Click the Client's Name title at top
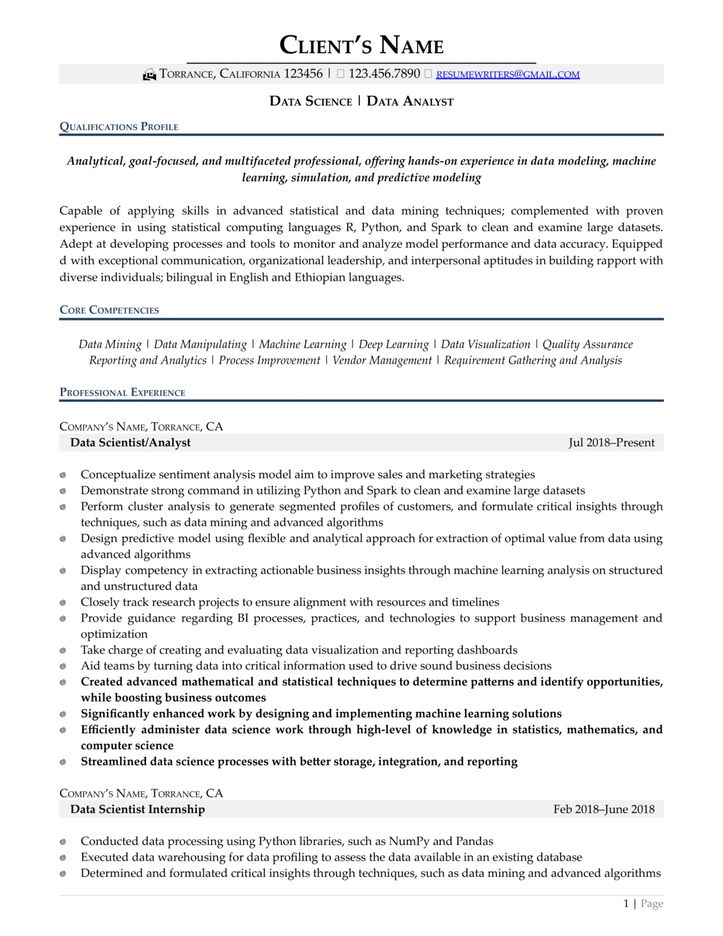361,45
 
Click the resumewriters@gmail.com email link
507,75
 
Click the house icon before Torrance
149,75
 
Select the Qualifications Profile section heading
119,127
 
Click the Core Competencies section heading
109,310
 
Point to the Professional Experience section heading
122,392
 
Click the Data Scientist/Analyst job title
130,442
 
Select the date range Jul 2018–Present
611,442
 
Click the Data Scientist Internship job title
137,809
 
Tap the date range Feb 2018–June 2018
604,809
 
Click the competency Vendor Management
382,360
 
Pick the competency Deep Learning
393,344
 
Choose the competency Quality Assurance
587,344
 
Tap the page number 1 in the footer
626,903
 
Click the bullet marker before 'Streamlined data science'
63,762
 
